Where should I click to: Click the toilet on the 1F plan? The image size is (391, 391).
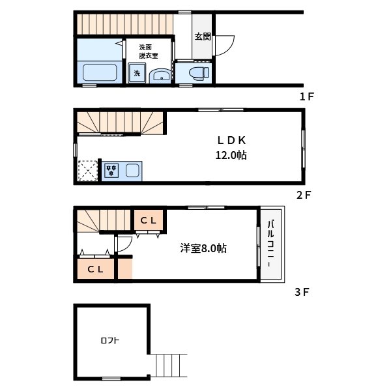[199, 73]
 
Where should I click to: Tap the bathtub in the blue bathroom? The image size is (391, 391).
[100, 72]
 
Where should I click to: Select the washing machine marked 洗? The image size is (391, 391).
[137, 73]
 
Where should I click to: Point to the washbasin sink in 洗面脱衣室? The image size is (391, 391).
[160, 76]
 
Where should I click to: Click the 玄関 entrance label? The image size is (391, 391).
[203, 36]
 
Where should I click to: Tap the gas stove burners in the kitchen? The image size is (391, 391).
[111, 171]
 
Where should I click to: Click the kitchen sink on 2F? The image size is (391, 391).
[132, 171]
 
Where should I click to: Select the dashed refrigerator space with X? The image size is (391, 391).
[87, 171]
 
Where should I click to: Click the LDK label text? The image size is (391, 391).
[231, 141]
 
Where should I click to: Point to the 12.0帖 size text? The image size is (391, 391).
[231, 155]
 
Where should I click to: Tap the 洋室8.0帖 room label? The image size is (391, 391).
[203, 248]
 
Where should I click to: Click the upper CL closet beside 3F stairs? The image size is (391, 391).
[149, 220]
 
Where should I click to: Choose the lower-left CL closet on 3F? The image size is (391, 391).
[96, 269]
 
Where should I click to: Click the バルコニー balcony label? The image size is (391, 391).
[271, 243]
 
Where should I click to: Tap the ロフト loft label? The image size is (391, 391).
[110, 340]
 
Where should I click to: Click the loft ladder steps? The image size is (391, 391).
[169, 366]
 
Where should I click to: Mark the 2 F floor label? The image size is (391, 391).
[304, 195]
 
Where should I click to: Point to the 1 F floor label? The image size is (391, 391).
[307, 96]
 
